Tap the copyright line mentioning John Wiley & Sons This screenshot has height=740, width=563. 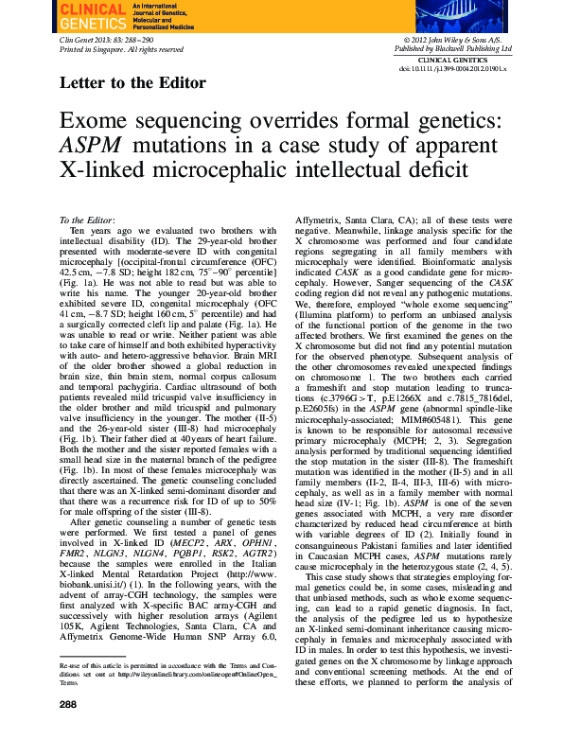point(459,40)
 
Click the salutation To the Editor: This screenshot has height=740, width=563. point(86,220)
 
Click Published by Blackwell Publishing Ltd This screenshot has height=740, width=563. point(459,48)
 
